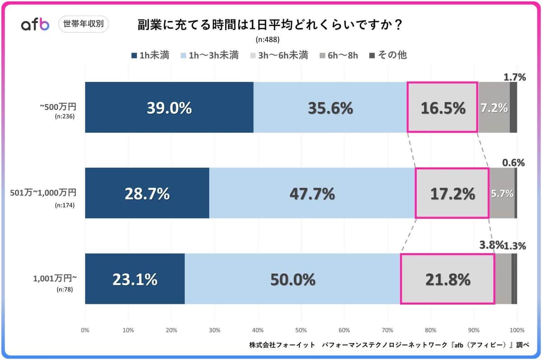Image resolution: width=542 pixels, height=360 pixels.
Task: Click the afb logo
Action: pos(35,25)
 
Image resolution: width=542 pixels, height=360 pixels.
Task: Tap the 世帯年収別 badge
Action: pos(84,24)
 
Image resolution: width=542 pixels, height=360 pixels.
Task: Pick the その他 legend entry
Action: pos(388,56)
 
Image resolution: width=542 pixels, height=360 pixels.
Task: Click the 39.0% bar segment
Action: pos(169,108)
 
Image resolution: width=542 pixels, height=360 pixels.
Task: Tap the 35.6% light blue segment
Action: pos(330,108)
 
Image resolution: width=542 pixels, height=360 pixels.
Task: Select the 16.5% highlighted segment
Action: pos(442,108)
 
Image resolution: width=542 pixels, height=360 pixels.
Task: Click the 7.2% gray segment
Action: pos(494,108)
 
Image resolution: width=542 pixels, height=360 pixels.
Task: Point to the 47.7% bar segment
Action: pos(312,193)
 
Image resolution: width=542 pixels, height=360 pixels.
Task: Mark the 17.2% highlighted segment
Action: pos(452,193)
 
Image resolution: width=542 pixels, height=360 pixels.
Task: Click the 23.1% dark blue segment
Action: pos(135,279)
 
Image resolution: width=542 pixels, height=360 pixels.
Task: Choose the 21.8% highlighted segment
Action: pos(448,279)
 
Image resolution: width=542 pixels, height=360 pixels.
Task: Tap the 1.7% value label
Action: pos(515,77)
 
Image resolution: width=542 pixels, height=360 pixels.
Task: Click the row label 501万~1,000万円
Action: pos(43,193)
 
